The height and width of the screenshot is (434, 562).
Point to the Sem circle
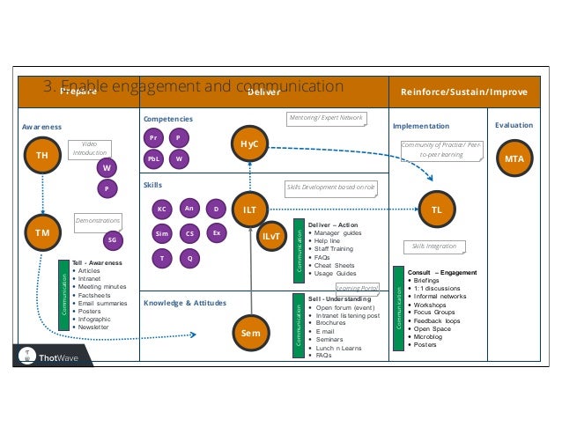coord(250,334)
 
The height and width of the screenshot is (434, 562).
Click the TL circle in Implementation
coord(435,210)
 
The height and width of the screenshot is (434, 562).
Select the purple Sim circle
coord(161,234)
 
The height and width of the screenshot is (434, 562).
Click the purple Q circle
coord(189,258)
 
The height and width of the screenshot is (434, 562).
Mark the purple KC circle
coord(161,210)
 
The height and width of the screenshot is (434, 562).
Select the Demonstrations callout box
coord(98,224)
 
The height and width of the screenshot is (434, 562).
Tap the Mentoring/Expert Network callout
coord(326,116)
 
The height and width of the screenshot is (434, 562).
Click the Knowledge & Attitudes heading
coord(184,303)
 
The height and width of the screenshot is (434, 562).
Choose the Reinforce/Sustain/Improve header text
coord(463,92)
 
